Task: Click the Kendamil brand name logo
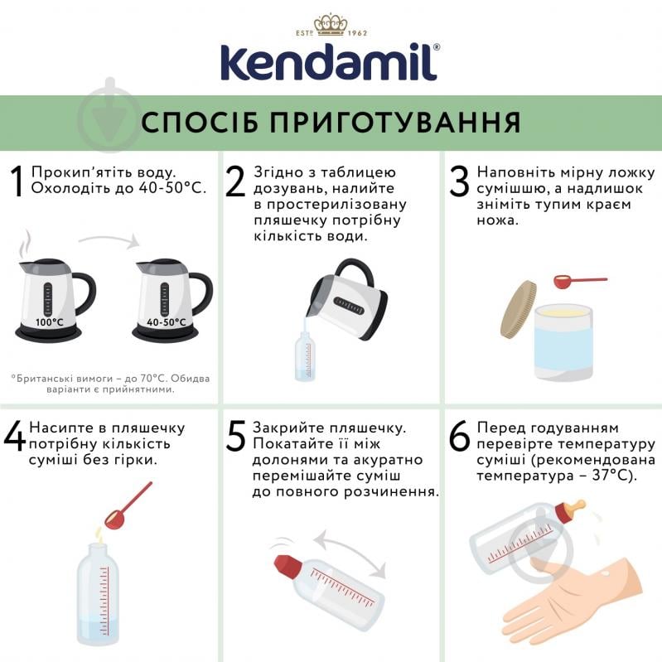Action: point(331,61)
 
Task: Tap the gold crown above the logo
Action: point(331,25)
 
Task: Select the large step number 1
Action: point(17,182)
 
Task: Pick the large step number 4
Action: point(15,437)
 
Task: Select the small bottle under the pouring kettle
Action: point(305,356)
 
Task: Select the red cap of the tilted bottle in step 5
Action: point(287,566)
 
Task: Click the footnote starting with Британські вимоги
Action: point(110,384)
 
